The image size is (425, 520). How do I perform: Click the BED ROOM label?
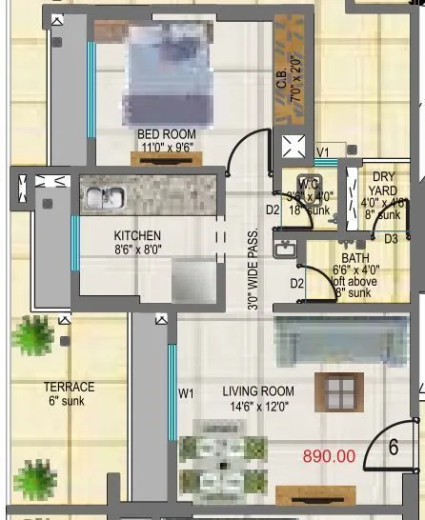click(166, 134)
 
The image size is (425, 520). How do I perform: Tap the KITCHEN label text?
click(137, 235)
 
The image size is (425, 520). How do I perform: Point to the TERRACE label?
click(69, 387)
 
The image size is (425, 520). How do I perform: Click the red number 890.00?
click(329, 456)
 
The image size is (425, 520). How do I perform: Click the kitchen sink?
click(101, 198)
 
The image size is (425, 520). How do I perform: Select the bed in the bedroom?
click(173, 75)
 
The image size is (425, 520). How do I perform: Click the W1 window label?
click(186, 391)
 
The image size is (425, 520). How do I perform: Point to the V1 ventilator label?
click(323, 150)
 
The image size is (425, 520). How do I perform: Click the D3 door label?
click(391, 239)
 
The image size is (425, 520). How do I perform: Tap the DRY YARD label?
click(383, 183)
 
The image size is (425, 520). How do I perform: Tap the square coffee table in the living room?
click(338, 392)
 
